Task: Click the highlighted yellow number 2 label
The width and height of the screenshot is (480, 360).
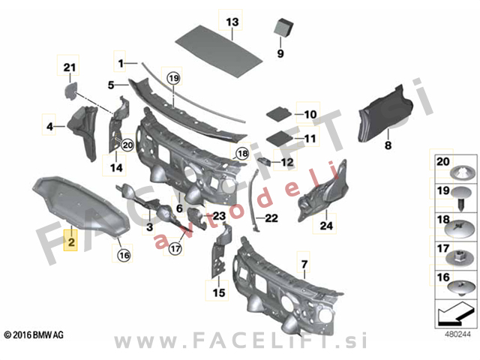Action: coord(70,241)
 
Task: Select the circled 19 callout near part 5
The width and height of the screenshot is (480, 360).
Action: coord(173,78)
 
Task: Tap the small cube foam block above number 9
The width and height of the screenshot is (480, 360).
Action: coord(283,27)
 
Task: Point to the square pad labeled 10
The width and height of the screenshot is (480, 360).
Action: coord(278,113)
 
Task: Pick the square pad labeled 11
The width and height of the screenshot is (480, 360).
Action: coord(280,138)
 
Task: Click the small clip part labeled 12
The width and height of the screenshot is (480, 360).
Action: coord(265,160)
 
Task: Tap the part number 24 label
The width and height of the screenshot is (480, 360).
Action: coord(326,226)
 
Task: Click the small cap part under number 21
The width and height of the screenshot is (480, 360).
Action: coord(70,90)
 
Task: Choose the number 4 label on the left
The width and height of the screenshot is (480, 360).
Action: coord(50,126)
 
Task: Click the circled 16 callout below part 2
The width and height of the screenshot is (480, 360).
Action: coord(124,255)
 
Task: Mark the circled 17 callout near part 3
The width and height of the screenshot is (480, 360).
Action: coord(175,248)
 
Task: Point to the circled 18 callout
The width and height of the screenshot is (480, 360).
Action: coord(242,153)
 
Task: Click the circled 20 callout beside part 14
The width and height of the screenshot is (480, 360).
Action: coord(127,145)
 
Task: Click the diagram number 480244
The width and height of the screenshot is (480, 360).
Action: coord(457,334)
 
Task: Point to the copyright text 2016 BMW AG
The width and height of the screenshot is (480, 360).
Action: coord(34,335)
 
